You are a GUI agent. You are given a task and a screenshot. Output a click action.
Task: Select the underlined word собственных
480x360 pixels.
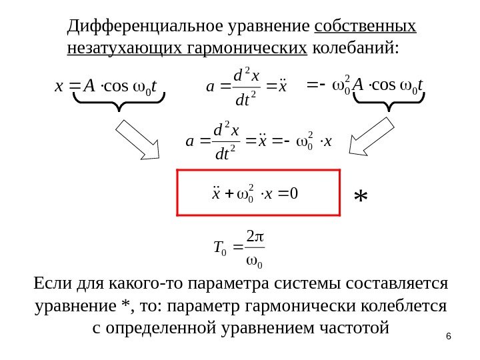pos(365,27)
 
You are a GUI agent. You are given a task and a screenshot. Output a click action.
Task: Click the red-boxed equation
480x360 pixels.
pos(257,193)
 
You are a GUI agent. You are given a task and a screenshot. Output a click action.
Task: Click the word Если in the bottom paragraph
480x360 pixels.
pos(51,285)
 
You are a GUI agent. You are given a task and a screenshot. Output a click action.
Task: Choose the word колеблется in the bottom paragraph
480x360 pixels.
pos(409,307)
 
